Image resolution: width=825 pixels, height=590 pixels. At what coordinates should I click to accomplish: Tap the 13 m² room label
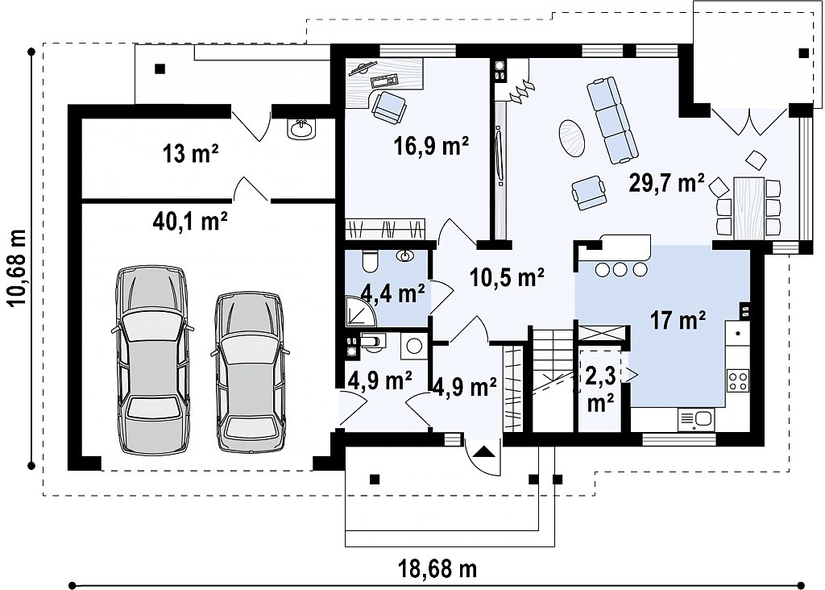190,154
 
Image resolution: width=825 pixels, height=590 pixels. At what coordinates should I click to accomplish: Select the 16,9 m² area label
432,146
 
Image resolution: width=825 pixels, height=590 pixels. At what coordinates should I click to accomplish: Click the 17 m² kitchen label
678,319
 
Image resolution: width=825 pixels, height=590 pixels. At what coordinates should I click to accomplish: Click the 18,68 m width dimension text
437,568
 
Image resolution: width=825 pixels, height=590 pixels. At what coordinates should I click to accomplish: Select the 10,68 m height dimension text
17,268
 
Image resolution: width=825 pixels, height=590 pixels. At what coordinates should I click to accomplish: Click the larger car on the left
152,359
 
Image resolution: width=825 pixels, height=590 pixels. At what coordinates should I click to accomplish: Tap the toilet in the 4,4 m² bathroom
370,261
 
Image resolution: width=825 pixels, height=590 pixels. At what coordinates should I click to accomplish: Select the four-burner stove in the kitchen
738,380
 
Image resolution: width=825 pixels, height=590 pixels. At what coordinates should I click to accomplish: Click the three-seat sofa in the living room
611,120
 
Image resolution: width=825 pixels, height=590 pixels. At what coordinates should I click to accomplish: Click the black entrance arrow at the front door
483,451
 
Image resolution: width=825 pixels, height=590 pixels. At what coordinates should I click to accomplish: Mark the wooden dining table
748,209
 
